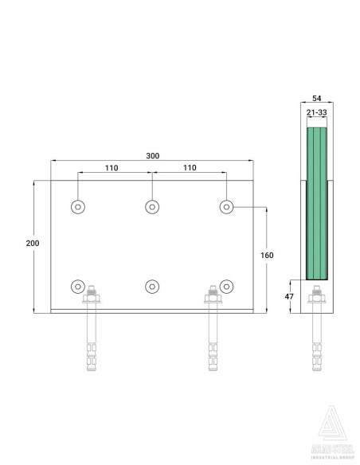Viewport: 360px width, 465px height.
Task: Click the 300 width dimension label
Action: [151, 156]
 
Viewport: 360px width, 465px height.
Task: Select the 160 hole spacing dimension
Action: [267, 255]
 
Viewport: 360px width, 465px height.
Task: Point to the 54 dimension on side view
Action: [317, 100]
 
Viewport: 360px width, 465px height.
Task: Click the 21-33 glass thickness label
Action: [317, 113]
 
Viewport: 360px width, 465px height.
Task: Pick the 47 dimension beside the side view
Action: [289, 296]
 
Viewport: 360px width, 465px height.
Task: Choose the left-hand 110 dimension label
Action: [112, 168]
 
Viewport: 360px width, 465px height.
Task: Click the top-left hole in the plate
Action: [77, 207]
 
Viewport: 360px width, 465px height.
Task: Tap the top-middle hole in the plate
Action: [151, 207]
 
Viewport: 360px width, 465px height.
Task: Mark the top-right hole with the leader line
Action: [226, 207]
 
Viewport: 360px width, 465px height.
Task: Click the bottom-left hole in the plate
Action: [77, 286]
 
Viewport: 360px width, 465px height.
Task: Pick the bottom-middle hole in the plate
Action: [151, 286]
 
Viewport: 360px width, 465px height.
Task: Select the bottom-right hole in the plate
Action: [226, 286]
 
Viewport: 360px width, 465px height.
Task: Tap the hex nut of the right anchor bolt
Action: [213, 299]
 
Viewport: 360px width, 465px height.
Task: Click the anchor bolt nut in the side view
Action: [317, 299]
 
